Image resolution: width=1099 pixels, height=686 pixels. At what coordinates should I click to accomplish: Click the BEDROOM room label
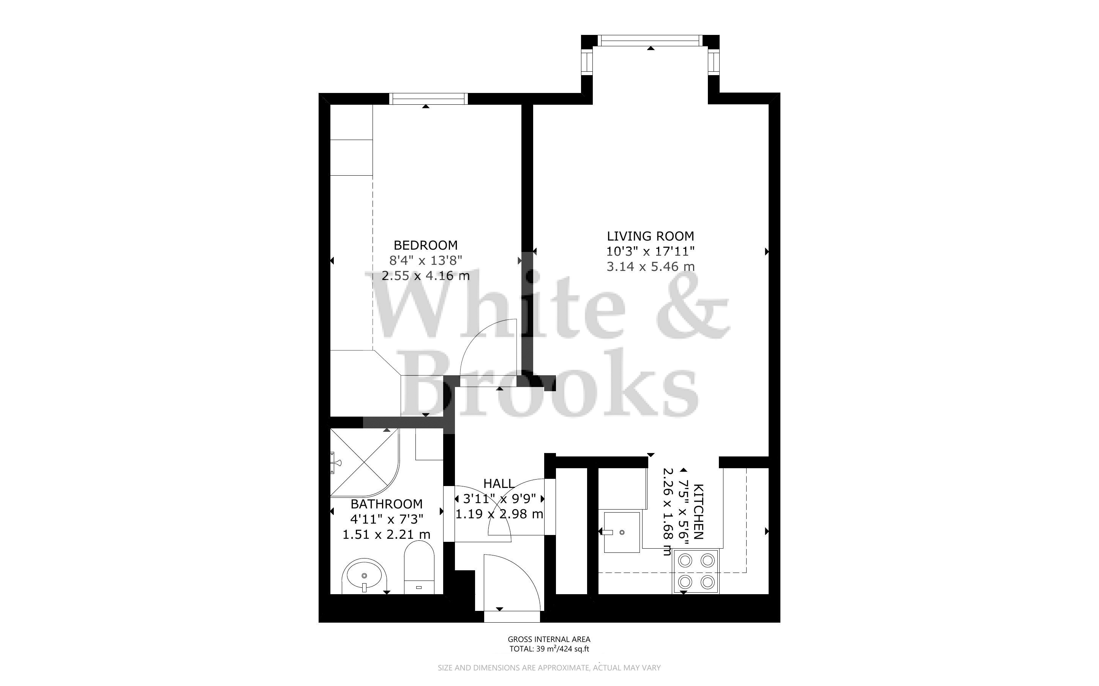tap(425, 245)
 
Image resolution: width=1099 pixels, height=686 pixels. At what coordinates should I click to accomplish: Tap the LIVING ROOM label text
tap(650, 236)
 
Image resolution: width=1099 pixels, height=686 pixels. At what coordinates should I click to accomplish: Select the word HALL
tap(499, 484)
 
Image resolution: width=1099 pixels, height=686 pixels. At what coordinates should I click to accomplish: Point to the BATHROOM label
tap(386, 504)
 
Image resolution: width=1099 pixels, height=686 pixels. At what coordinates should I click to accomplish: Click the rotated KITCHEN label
tap(699, 512)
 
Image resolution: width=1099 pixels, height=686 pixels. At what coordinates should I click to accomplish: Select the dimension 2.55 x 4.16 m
tap(425, 276)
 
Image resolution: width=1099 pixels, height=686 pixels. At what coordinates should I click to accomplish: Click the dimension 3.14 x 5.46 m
tap(650, 266)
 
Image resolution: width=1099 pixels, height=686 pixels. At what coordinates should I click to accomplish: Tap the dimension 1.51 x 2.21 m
tap(386, 535)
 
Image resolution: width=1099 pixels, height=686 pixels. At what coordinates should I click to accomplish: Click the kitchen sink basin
tap(622, 532)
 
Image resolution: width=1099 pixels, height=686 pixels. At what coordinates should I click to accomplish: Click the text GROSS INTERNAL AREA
tap(549, 639)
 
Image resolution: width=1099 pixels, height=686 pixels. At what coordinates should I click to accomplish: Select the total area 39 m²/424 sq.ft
tap(549, 649)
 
